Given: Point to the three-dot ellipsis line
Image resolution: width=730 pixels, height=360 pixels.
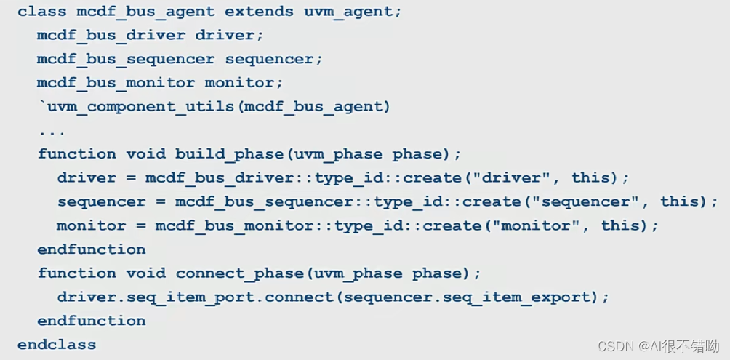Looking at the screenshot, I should (52, 132).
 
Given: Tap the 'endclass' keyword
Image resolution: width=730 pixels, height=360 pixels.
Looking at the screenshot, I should (57, 344).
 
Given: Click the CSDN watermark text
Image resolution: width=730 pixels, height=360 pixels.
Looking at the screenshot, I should (659, 345).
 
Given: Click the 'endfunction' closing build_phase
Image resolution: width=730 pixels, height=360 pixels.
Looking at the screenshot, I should (92, 249).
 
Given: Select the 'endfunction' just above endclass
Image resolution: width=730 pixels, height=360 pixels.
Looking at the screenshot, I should (92, 321).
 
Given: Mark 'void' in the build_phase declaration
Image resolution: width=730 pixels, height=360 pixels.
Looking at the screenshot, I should (146, 154).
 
